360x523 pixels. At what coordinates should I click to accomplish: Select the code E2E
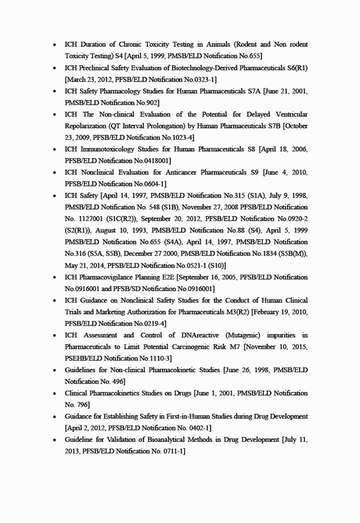[167, 277]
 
